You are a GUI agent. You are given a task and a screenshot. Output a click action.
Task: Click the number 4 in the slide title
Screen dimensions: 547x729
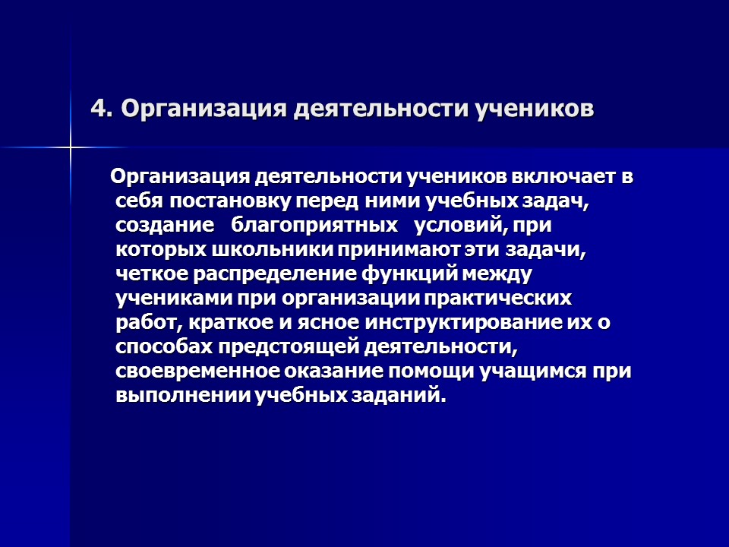pyautogui.click(x=97, y=109)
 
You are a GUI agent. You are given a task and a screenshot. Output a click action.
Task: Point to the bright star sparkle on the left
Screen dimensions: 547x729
pyautogui.click(x=70, y=147)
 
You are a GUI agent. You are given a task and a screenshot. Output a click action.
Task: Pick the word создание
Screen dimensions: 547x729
pyautogui.click(x=164, y=226)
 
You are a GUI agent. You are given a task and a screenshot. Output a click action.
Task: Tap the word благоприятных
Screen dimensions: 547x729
pyautogui.click(x=315, y=226)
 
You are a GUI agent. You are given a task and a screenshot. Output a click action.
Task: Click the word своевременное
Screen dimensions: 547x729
pyautogui.click(x=198, y=372)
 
